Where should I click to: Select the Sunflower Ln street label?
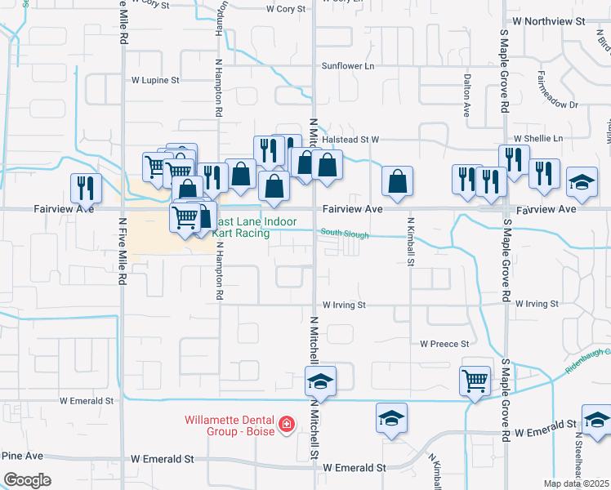coord(347,66)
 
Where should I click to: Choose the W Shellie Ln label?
coord(537,139)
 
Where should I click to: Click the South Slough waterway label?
coord(344,234)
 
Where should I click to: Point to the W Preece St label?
coord(444,344)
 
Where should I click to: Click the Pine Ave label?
coord(22,455)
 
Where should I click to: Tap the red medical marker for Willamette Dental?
coord(286,425)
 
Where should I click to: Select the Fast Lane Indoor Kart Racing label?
coord(252,227)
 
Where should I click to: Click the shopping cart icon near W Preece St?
coord(475,378)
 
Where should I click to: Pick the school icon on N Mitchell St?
coord(320,381)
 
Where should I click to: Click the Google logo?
coord(27,479)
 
